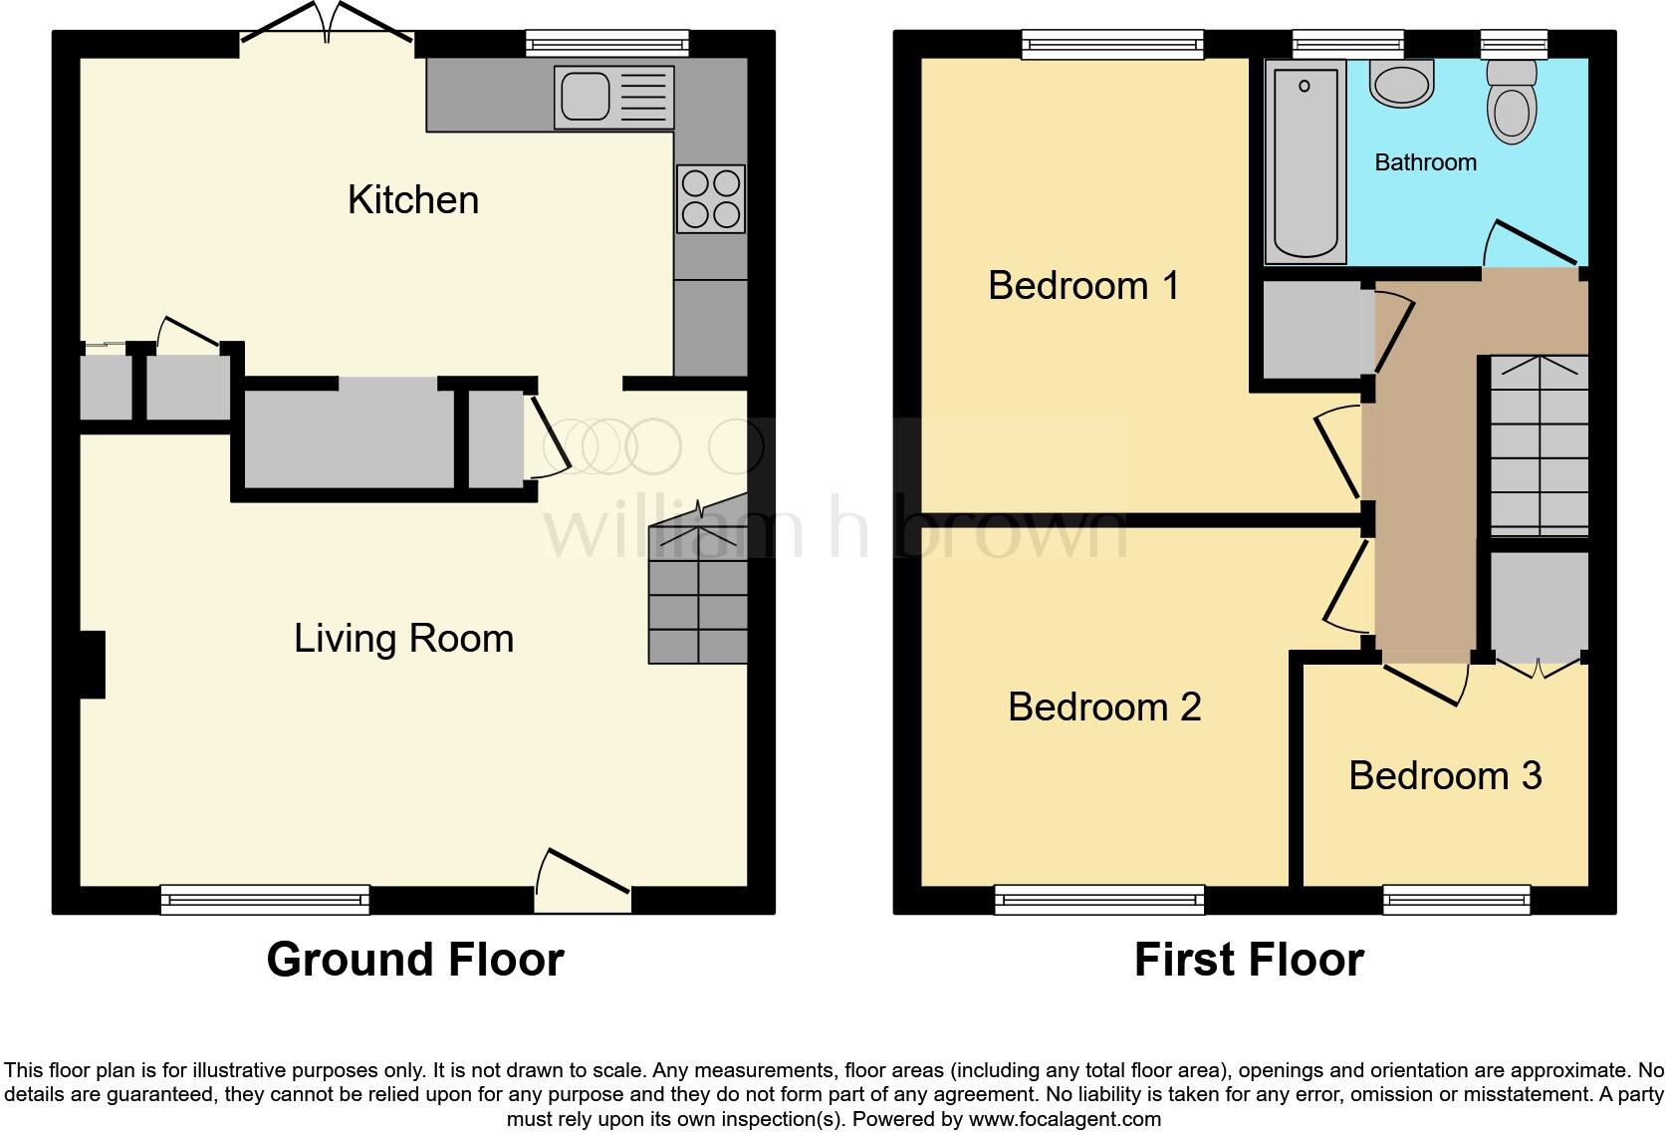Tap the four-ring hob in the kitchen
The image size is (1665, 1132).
coord(711,198)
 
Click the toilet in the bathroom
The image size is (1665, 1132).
coord(1511,105)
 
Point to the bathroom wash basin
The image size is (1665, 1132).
coord(1402,83)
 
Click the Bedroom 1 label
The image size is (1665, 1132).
coord(1083,286)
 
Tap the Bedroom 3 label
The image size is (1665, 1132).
coord(1445,775)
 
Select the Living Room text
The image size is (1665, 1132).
coord(403,639)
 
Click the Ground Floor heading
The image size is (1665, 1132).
coord(415,960)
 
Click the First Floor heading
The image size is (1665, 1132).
coord(1249,960)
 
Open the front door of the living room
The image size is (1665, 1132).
coord(583,882)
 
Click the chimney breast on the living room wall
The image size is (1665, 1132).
coord(92,665)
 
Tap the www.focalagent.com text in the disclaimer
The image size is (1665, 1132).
coord(1064,1119)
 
